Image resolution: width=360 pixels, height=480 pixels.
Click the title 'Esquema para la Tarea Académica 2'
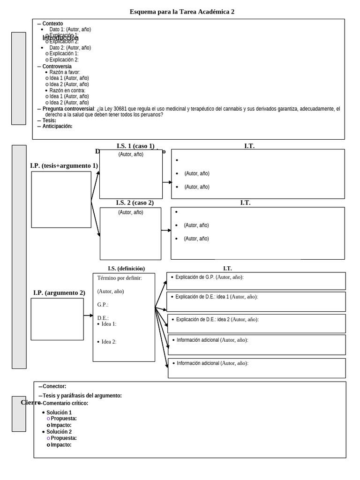(x=182, y=12)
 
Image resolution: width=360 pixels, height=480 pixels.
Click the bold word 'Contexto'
(x=52, y=24)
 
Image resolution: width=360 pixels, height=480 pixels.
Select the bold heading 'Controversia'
(x=57, y=67)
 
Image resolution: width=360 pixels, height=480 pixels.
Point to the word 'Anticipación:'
(x=57, y=126)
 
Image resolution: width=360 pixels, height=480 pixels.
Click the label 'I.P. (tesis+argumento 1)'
(x=64, y=165)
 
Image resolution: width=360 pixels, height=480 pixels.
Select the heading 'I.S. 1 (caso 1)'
(x=135, y=146)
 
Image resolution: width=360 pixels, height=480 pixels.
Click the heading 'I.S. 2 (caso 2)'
(x=135, y=202)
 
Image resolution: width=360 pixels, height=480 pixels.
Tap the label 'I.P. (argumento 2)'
(x=59, y=292)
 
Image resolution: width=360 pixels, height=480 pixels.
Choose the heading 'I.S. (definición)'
(x=126, y=269)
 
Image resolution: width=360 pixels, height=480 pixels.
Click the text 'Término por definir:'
(x=120, y=278)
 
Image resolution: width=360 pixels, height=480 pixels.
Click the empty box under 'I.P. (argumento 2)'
(x=57, y=319)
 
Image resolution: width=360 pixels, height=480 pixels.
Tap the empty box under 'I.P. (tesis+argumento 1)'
(x=61, y=200)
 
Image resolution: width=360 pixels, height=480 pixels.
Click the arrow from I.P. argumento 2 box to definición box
(x=88, y=315)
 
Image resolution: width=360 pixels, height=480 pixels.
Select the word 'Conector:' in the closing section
(x=54, y=386)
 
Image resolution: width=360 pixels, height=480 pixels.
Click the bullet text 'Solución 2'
(x=59, y=432)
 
